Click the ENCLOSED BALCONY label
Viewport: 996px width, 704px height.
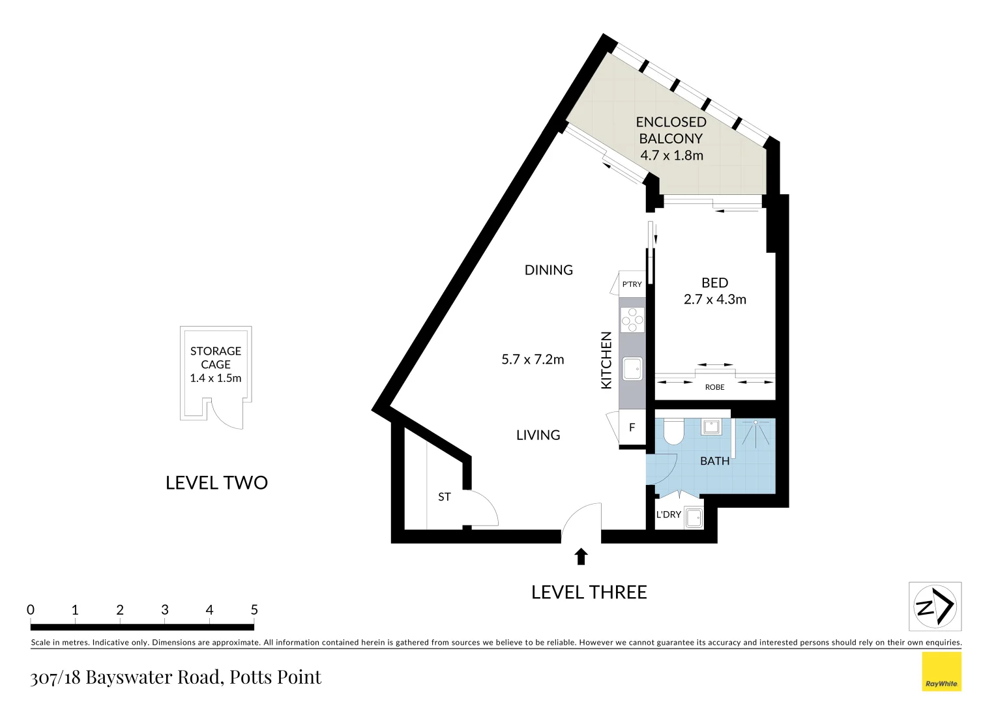point(671,130)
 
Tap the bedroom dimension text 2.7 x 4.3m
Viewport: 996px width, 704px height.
point(714,299)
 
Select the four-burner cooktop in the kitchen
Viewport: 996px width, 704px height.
point(632,319)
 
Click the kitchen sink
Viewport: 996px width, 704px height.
point(632,368)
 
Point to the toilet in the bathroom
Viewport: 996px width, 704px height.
point(672,432)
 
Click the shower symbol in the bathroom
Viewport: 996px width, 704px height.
point(755,432)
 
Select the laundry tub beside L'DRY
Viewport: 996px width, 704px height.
point(694,518)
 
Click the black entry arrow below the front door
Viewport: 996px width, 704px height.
point(581,557)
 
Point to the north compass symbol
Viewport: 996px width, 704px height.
point(935,606)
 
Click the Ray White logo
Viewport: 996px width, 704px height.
point(941,672)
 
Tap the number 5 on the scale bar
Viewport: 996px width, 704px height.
point(254,609)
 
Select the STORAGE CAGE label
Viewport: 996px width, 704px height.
point(216,358)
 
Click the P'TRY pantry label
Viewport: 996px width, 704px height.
point(632,284)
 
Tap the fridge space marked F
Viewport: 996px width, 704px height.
point(632,428)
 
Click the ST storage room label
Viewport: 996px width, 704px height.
point(444,497)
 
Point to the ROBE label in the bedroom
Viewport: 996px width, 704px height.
point(714,387)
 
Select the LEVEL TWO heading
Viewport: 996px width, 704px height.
point(216,482)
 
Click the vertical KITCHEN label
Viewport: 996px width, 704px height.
point(606,360)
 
